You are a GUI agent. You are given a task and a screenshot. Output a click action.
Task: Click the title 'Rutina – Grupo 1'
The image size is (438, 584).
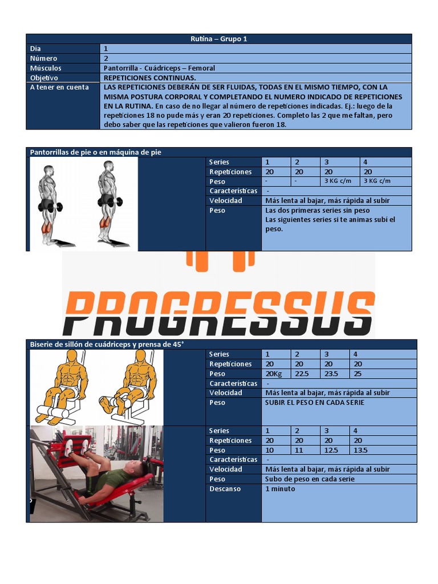click(x=218, y=39)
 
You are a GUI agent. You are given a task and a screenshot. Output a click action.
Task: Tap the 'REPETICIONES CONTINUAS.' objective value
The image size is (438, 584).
click(x=149, y=78)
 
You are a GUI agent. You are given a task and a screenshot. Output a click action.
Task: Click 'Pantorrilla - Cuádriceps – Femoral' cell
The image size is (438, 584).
click(x=159, y=68)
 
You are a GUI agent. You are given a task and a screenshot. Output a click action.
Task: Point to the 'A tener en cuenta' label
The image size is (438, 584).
click(x=59, y=87)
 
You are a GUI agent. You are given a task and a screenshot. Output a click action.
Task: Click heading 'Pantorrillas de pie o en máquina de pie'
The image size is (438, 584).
click(x=95, y=152)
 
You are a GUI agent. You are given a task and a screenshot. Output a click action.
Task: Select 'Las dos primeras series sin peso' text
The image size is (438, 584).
click(x=317, y=210)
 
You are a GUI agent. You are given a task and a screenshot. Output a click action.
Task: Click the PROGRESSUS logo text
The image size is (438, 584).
click(x=219, y=311)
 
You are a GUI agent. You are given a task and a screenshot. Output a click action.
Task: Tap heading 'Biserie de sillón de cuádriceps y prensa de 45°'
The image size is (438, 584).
click(x=107, y=344)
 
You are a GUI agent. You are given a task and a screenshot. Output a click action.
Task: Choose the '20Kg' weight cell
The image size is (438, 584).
click(x=274, y=374)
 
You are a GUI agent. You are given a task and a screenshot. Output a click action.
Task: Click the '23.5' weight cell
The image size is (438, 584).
click(x=330, y=374)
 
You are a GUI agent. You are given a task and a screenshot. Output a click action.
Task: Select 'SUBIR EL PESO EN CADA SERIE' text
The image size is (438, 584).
click(x=314, y=403)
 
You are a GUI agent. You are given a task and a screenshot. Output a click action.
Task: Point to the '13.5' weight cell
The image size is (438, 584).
click(x=360, y=451)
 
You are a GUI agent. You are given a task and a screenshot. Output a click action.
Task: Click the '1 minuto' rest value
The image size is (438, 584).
click(x=280, y=489)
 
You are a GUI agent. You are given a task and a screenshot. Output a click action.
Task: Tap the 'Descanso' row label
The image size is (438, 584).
click(x=225, y=489)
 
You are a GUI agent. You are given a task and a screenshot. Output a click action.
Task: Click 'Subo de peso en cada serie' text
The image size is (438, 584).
click(x=310, y=479)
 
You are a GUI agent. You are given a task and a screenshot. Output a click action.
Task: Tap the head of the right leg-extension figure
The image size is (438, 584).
click(x=139, y=356)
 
